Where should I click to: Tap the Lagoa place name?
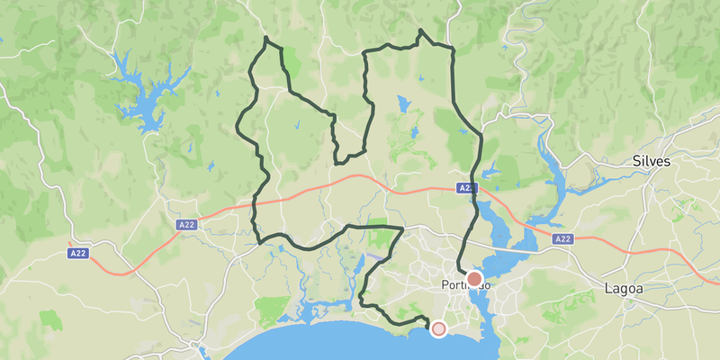[623, 289]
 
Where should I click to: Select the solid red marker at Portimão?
[474, 279]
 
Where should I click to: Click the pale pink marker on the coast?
[438, 329]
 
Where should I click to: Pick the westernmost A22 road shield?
[78, 255]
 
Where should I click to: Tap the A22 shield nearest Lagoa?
[562, 238]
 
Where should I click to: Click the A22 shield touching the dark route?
[465, 188]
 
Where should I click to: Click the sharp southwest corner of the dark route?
[261, 241]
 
